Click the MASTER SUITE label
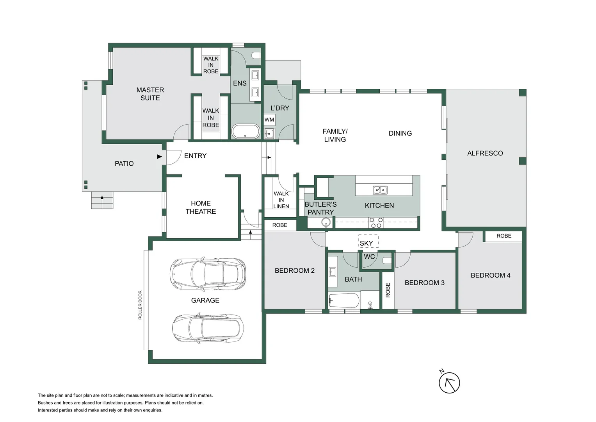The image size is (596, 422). (x=150, y=94)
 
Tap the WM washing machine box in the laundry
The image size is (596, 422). (x=269, y=120)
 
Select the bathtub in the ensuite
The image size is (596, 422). (x=246, y=132)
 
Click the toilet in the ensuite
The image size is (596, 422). (x=256, y=55)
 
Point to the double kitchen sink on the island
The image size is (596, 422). (x=380, y=190)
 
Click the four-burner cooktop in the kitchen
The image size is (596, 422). (x=376, y=223)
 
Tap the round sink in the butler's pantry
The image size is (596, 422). (x=326, y=223)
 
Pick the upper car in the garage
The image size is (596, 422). (x=208, y=274)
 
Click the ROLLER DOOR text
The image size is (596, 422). (x=140, y=305)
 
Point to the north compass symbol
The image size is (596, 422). (x=449, y=383)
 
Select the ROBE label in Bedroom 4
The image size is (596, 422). (x=503, y=236)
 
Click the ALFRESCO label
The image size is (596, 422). (x=485, y=153)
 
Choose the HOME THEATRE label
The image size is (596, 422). (x=201, y=207)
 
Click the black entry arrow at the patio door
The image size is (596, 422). (x=159, y=157)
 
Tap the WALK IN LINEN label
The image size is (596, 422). (x=281, y=200)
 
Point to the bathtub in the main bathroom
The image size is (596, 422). (x=343, y=301)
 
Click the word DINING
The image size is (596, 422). (x=400, y=133)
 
